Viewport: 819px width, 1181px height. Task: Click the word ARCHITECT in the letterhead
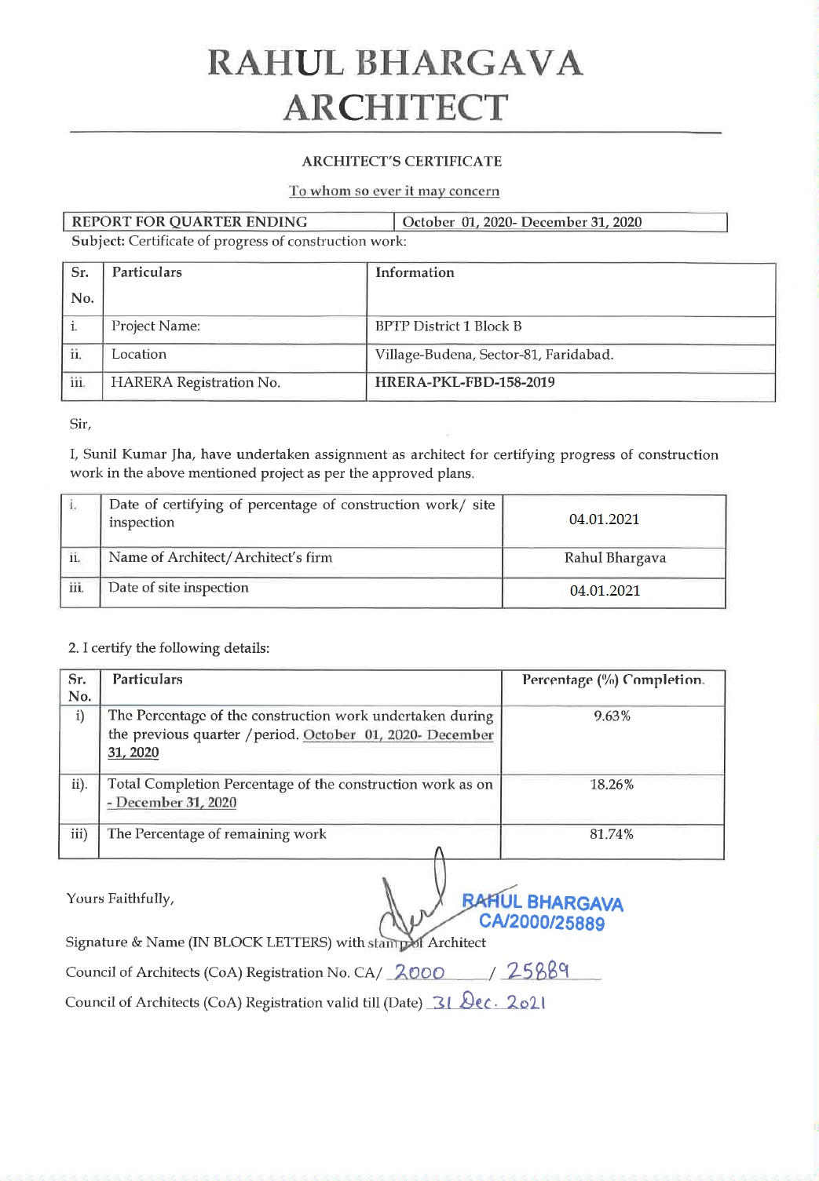tap(396, 108)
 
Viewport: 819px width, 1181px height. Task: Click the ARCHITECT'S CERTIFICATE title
tap(401, 162)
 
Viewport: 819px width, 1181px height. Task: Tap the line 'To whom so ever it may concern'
tap(393, 191)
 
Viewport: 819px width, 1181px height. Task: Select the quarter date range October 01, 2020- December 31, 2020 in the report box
tap(521, 222)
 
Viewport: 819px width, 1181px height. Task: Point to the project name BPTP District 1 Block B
tap(448, 326)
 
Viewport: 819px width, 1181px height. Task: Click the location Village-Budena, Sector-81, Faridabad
tap(494, 355)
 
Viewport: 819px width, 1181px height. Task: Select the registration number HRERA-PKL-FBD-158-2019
tap(465, 382)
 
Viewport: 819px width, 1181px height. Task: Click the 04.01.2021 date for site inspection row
tap(605, 591)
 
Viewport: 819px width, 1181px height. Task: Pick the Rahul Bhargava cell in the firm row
tap(615, 558)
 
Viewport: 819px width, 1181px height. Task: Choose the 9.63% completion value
tap(612, 716)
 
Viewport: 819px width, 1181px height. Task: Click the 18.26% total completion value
tap(612, 785)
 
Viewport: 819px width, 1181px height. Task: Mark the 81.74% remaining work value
tap(612, 834)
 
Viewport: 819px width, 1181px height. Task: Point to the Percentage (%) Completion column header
tap(612, 680)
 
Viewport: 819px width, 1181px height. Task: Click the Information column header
tap(415, 273)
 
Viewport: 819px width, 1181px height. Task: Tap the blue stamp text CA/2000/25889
tap(542, 923)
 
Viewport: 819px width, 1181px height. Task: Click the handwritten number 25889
tap(538, 971)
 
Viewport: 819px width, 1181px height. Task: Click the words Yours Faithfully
tap(120, 899)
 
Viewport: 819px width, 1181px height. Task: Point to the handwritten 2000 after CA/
tap(419, 973)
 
